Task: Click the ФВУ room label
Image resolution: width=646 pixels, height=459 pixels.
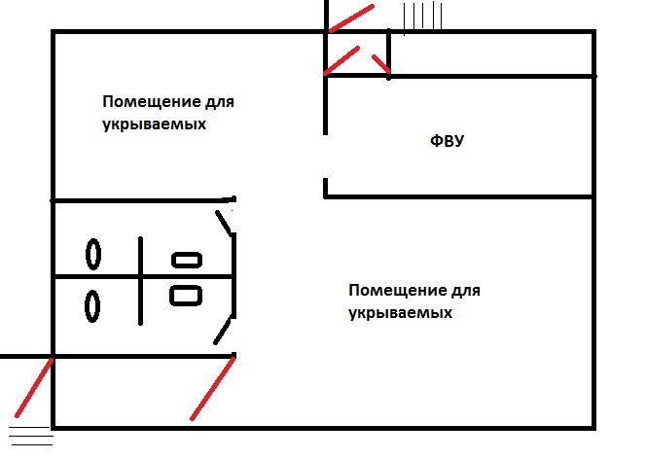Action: [x=447, y=141]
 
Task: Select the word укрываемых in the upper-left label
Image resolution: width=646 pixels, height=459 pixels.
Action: [x=154, y=124]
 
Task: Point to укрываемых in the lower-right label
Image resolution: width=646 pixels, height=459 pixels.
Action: [x=400, y=313]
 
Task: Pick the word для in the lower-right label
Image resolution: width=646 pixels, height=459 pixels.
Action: [x=466, y=291]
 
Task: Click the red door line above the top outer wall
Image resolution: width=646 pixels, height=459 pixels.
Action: [x=351, y=18]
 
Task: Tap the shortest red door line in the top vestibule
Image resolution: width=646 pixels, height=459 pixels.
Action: [x=381, y=64]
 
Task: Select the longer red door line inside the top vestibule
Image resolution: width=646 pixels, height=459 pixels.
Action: [x=341, y=61]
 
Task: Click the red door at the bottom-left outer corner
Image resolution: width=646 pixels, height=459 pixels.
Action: [x=34, y=388]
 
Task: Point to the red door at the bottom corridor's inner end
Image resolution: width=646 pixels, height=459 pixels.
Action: [x=213, y=388]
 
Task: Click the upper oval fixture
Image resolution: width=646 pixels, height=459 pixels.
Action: [x=93, y=254]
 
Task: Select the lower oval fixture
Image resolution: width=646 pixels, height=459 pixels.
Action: [x=92, y=306]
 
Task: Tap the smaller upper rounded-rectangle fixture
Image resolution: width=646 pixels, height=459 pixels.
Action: [x=187, y=261]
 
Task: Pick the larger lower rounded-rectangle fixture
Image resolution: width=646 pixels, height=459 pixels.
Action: [x=186, y=296]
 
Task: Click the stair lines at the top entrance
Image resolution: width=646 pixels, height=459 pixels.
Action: [x=422, y=18]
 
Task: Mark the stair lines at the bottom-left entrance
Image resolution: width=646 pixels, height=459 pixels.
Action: [x=31, y=436]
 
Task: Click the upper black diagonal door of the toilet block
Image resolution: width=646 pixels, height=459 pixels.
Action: [x=225, y=224]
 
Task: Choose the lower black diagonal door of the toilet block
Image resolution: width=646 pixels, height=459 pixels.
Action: [x=224, y=331]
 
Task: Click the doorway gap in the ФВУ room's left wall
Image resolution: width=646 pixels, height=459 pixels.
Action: [x=326, y=157]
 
